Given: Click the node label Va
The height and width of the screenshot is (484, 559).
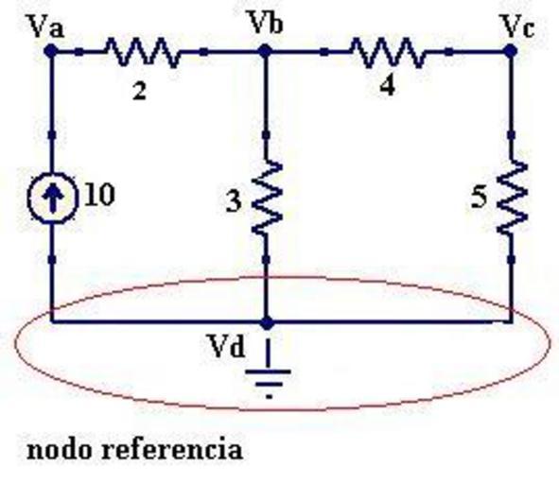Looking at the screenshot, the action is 47,26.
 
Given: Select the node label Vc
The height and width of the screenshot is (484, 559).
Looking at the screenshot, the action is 517,26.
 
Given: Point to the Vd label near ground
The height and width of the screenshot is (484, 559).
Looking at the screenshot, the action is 227,346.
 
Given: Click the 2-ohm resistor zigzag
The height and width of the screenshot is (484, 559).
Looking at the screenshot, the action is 142,52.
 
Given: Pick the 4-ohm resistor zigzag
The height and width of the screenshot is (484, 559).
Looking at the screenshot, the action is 388,52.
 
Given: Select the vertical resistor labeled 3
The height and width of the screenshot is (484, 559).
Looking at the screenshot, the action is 267,197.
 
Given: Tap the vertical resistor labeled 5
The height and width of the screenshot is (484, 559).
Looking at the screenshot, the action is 513,197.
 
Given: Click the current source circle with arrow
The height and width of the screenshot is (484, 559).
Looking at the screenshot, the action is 52,198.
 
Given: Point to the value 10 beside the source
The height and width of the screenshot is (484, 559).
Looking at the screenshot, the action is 99,195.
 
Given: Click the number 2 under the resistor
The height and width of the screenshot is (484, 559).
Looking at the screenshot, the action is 139,92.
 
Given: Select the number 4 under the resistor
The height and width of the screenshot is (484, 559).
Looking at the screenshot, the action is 388,87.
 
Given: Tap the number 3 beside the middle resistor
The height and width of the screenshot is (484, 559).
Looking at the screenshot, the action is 234,202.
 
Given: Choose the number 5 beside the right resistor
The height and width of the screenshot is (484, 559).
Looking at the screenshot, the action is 479,197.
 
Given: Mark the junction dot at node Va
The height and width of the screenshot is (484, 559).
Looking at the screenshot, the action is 51,51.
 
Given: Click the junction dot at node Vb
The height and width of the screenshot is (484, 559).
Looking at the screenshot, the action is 265,51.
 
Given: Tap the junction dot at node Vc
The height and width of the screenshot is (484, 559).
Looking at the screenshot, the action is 511,51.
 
